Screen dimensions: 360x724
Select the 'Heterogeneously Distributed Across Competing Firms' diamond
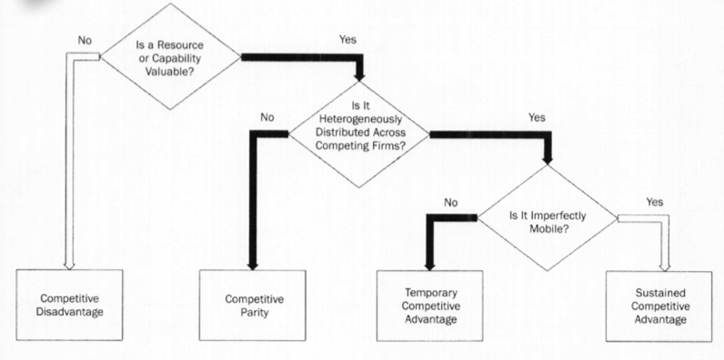(359, 135)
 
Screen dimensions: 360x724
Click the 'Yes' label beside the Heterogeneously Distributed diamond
(537, 118)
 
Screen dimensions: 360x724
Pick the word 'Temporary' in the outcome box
(428, 294)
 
